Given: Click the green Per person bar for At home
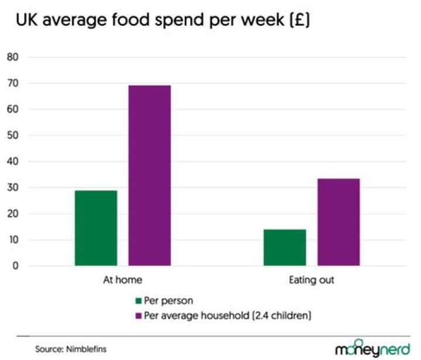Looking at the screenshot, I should coord(96,228).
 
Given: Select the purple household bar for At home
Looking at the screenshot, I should coord(150,176).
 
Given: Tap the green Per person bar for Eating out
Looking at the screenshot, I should coord(285,248).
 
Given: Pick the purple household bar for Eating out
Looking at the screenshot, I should coord(339,222).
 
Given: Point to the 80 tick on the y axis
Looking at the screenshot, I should coord(13,57).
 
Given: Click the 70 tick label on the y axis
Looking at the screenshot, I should coord(13,84).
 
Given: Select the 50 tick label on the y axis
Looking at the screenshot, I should coord(13,136).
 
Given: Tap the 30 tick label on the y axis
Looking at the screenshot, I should coord(13,188).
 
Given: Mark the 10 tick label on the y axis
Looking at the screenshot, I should coord(13,240).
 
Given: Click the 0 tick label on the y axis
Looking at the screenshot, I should coord(16,266).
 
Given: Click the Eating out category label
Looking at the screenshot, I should coord(312,280).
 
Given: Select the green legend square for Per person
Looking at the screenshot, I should coord(139,301).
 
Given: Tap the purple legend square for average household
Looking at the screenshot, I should coord(139,316).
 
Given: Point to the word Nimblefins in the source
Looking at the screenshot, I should coord(85,349).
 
